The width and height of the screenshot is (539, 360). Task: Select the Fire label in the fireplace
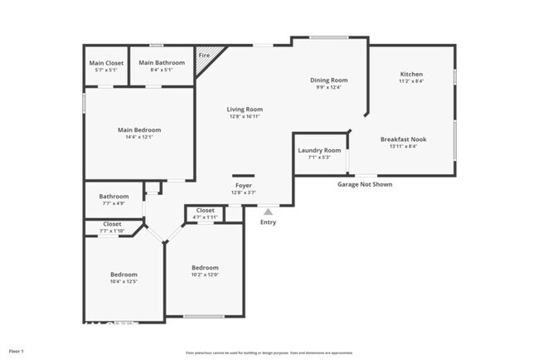pos(203,56)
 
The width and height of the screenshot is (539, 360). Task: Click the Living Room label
pos(245,109)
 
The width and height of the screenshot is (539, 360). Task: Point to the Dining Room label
pos(328,80)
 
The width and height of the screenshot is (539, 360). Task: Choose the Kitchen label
pos(411,74)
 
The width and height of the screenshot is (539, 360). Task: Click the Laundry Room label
pos(319,150)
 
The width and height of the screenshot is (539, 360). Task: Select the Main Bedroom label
pos(138,129)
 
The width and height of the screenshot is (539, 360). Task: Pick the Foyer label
pos(243,186)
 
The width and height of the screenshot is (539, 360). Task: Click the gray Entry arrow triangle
pos(268,212)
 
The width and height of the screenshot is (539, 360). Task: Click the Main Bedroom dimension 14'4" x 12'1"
pos(138,137)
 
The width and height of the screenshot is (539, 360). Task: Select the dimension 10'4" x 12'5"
pos(124,281)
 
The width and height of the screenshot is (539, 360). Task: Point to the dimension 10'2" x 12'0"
pos(205,275)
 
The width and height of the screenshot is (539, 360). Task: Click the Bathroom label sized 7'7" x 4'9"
pos(114,197)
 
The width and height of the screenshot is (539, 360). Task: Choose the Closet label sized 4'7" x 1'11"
pos(205,211)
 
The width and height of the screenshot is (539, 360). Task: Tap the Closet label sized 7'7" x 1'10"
pos(112,224)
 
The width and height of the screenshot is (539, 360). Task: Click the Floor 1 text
pos(17,351)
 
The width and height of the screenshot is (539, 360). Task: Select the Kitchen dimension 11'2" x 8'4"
pos(411,81)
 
